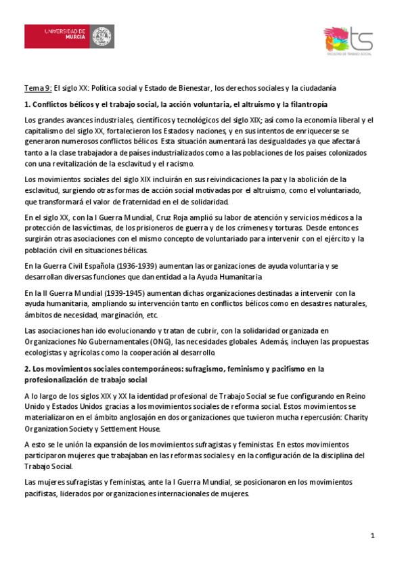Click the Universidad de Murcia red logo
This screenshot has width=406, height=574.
(x=69, y=36)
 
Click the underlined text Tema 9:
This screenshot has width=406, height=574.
(x=37, y=88)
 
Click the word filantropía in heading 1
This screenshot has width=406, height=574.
(x=304, y=104)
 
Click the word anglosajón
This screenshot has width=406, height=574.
(x=153, y=418)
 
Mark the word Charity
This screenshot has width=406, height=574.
(x=356, y=418)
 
